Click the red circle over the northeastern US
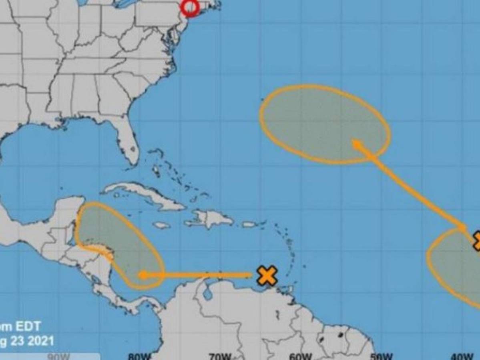click(190, 8)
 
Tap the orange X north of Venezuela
click(267, 276)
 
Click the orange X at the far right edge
click(476, 240)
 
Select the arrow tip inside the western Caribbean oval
click(143, 275)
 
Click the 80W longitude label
click(140, 356)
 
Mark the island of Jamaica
click(162, 225)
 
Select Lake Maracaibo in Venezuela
click(207, 294)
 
